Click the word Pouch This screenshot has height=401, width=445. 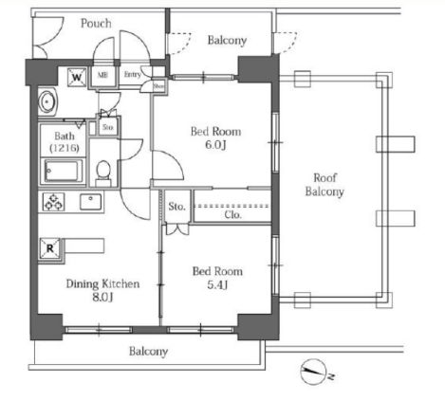(96, 23)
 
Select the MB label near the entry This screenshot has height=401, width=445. (102, 75)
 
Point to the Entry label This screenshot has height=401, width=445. (132, 74)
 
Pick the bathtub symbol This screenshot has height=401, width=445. (65, 173)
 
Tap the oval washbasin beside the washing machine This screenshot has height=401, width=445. (47, 100)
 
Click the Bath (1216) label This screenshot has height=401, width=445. (60, 142)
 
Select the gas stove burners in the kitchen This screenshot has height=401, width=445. (51, 202)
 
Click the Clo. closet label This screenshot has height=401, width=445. (232, 214)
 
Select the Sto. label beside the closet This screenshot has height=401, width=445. (176, 206)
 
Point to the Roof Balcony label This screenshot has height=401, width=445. (324, 184)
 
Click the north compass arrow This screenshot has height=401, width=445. (314, 371)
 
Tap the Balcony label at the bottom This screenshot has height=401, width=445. (148, 352)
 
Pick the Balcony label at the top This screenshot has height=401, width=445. (227, 40)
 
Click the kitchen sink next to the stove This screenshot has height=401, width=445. (91, 201)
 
